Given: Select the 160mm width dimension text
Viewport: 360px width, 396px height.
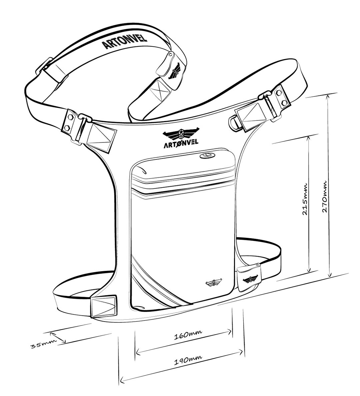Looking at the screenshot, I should [x=188, y=335].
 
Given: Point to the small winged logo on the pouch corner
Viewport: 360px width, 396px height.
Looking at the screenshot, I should [x=213, y=282].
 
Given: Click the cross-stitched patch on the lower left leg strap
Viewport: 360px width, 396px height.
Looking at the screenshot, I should [x=104, y=306].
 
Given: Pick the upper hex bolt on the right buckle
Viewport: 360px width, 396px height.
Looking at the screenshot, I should [x=279, y=92].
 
